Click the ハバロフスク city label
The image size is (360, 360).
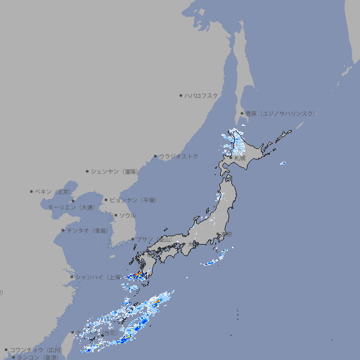[x=202, y=95]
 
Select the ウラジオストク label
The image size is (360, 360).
[x=179, y=156]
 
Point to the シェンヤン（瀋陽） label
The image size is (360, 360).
[x=113, y=171]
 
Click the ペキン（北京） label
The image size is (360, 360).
[x=53, y=191]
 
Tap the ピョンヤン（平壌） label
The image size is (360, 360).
[x=134, y=200]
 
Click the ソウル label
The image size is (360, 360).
[x=127, y=215]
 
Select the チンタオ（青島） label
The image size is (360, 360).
[x=87, y=231]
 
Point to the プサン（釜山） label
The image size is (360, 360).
[x=154, y=240]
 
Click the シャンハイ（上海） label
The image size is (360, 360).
[x=98, y=277]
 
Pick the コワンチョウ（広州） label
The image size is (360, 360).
[x=35, y=349]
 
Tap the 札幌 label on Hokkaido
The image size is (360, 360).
[x=240, y=158]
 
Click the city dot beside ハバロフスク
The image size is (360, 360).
[x=181, y=95]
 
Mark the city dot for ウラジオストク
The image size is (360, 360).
[x=155, y=156]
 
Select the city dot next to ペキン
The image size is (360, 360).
[x=32, y=191]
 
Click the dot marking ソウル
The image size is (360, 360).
[x=115, y=215]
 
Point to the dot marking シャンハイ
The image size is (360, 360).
[x=72, y=277]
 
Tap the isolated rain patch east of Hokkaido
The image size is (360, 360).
[x=283, y=164]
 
